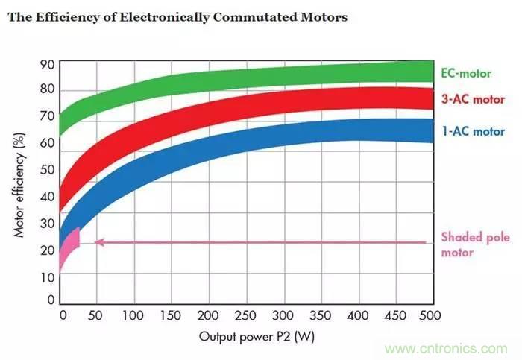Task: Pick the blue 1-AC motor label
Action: coord(473,131)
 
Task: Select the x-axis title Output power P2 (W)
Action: coord(257,336)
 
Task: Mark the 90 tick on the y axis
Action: coord(47,64)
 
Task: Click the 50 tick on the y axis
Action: coord(47,170)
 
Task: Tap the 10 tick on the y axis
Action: coord(47,277)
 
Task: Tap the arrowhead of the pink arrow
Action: coord(98,241)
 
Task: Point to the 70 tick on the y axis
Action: coord(47,117)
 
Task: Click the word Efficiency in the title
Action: coord(67,16)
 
